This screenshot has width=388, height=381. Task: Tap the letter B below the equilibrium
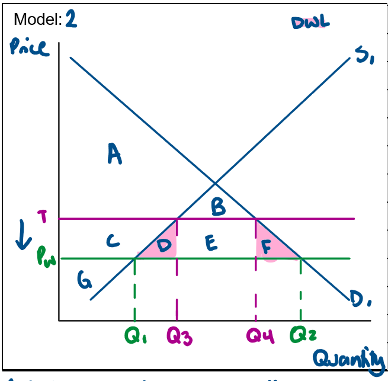tap(218, 207)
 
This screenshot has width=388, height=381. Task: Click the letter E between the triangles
tap(211, 244)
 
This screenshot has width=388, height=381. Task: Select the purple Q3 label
tap(178, 337)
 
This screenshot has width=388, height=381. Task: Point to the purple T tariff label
tap(42, 217)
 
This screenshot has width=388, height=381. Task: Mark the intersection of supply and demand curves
tap(215, 181)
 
